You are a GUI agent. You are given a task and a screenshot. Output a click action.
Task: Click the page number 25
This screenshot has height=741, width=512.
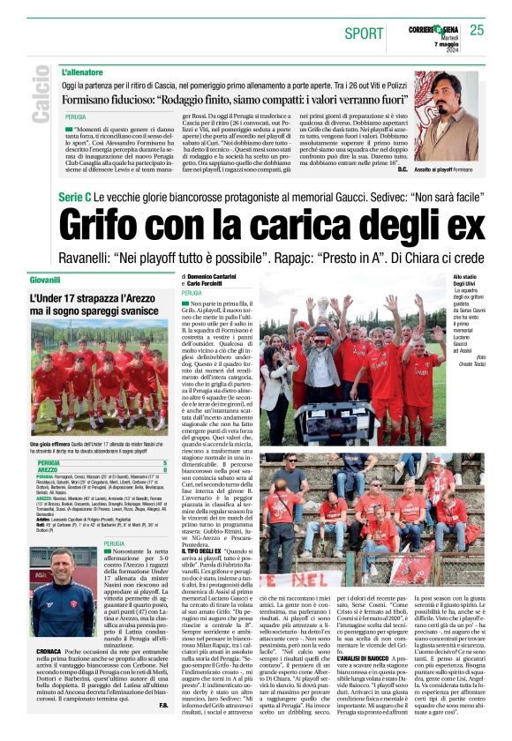pyautogui.click(x=477, y=30)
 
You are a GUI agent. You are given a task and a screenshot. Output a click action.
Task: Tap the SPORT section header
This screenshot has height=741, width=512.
pyautogui.click(x=364, y=34)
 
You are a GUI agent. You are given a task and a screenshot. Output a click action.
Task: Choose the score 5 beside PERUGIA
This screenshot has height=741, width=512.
pyautogui.click(x=164, y=462)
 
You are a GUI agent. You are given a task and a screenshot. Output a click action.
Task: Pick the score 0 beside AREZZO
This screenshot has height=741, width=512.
pyautogui.click(x=164, y=471)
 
